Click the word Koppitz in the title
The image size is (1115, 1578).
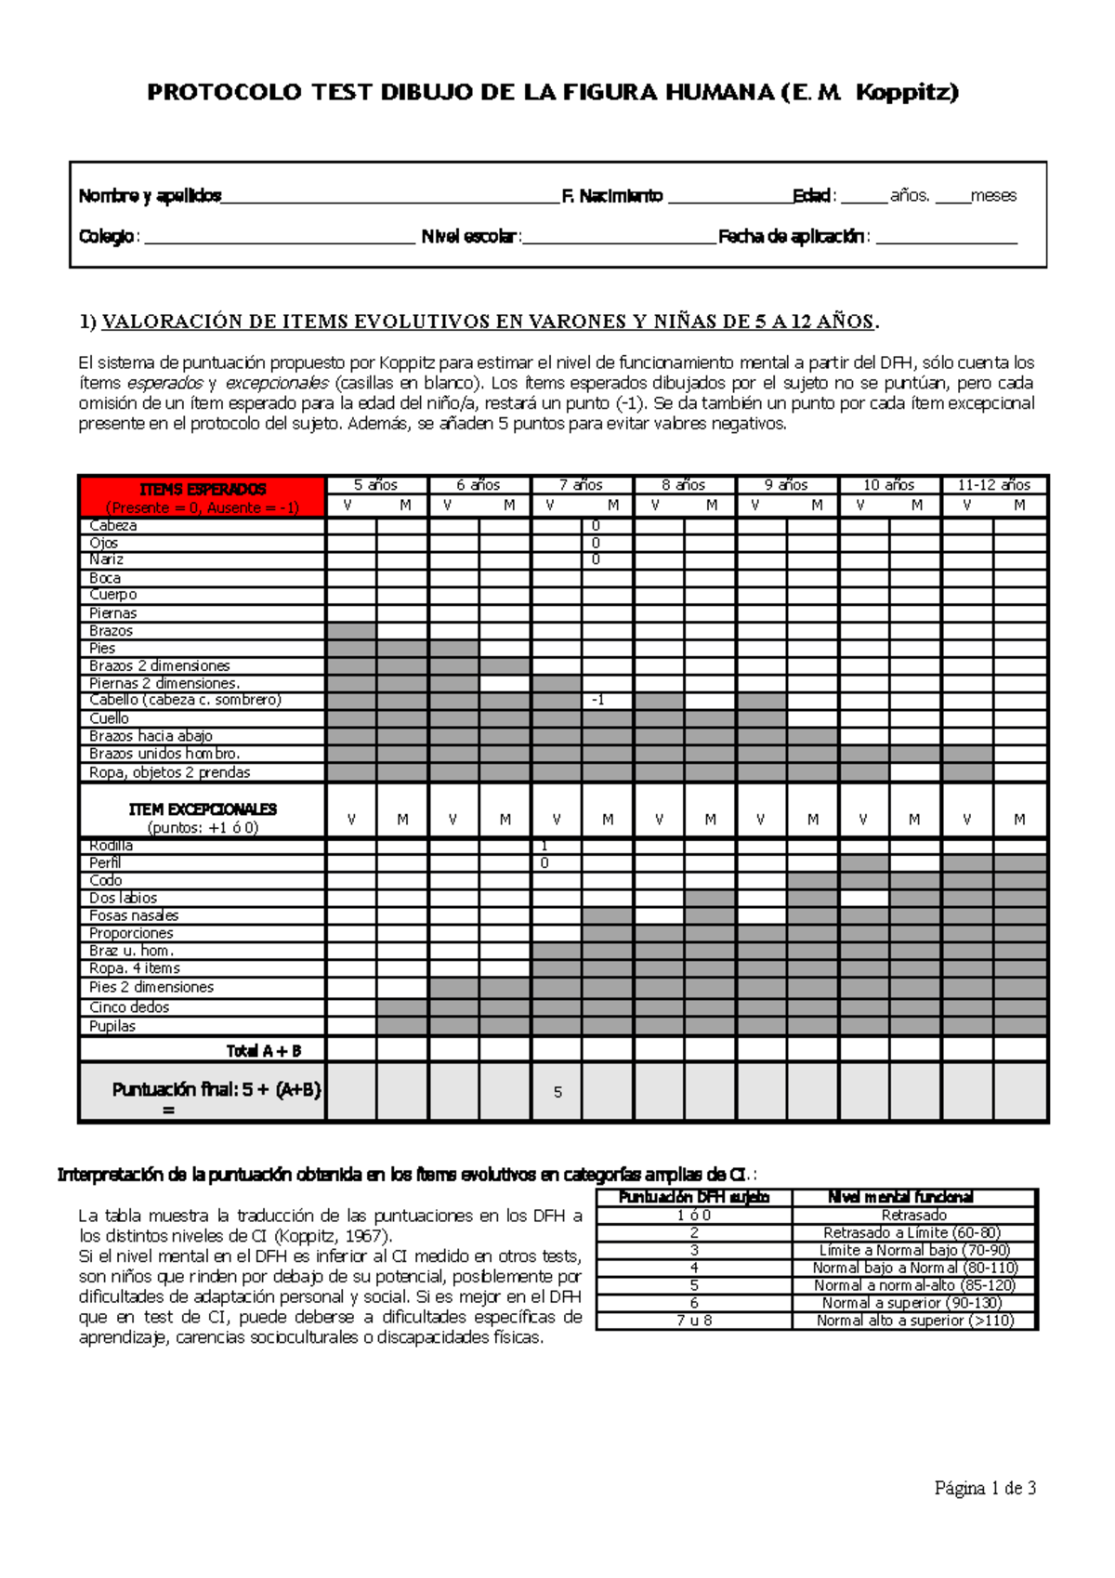[906, 92]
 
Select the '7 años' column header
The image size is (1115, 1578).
[582, 485]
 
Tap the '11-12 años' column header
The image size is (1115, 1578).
[993, 485]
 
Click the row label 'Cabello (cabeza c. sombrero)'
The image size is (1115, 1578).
[185, 700]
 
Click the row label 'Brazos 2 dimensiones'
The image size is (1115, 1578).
[159, 665]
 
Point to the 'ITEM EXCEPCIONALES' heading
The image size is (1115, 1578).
[203, 809]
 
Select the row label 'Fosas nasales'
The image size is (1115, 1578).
[134, 915]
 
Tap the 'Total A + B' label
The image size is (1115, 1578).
[264, 1051]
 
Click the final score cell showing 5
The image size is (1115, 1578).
[557, 1092]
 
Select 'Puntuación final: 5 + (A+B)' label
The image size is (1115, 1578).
[216, 1089]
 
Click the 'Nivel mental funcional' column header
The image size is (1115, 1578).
[900, 1197]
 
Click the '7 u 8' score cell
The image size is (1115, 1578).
[694, 1321]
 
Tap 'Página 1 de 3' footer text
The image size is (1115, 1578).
[985, 1488]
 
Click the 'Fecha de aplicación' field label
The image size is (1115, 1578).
[793, 237]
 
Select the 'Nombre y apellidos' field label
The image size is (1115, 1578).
[150, 196]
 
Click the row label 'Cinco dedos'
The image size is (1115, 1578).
[129, 1007]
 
